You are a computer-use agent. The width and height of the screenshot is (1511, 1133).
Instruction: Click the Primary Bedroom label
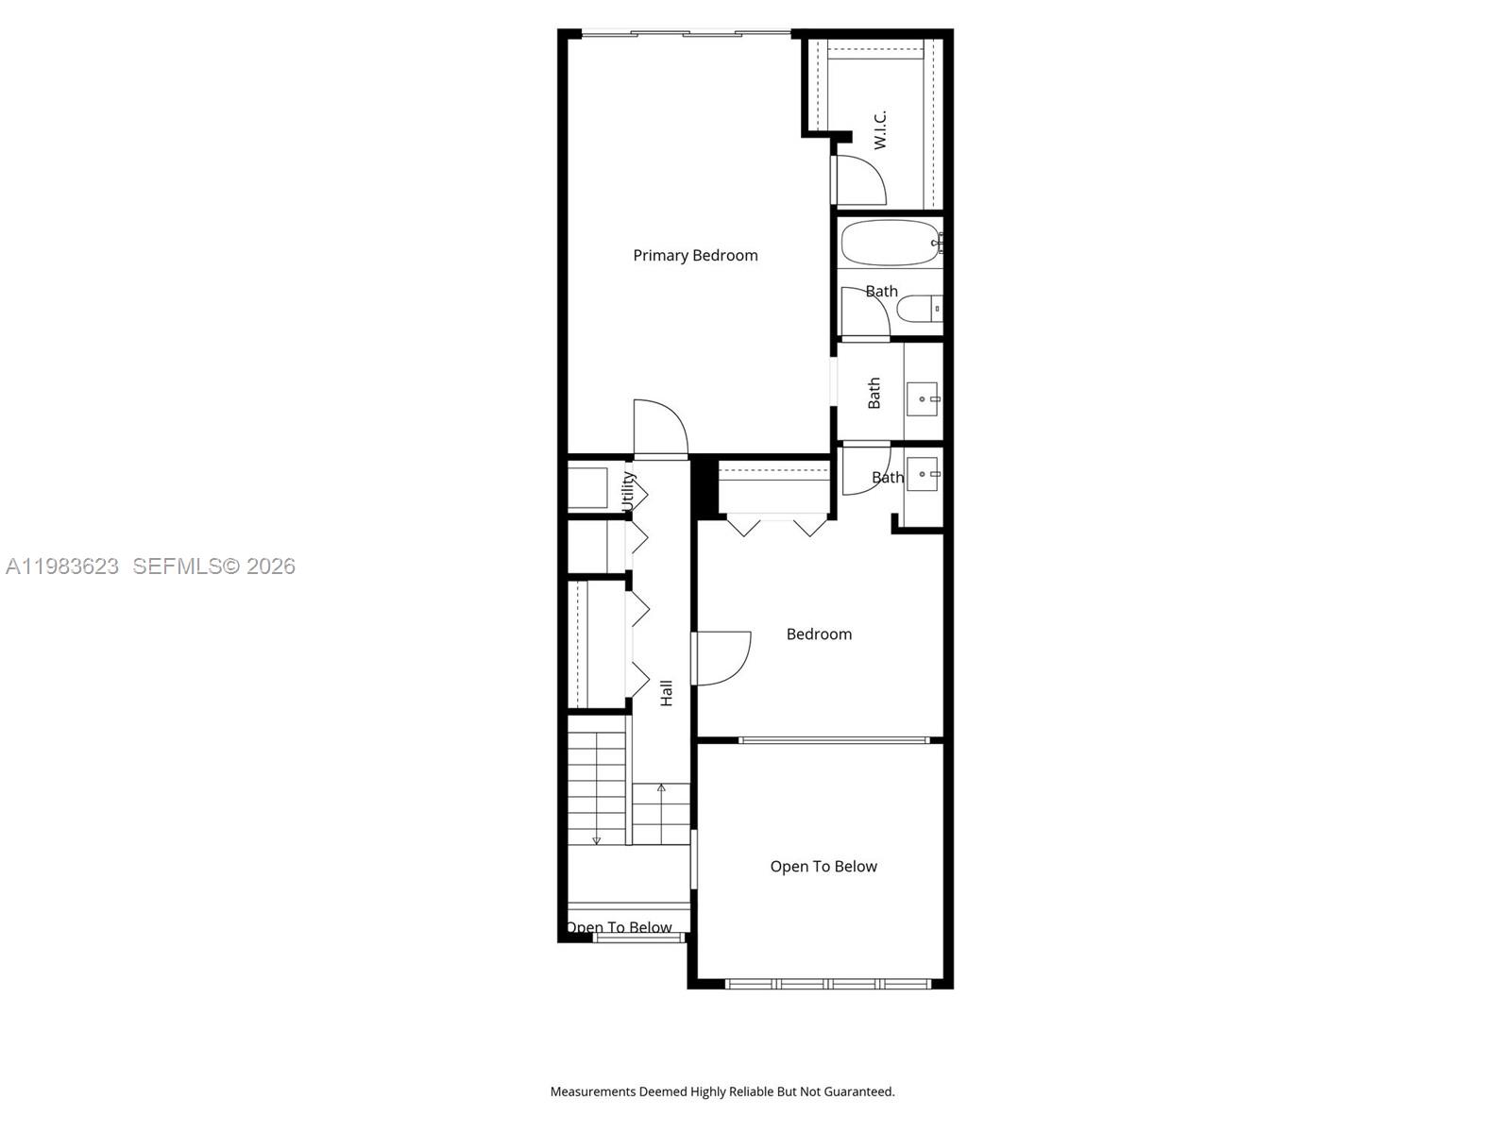(x=695, y=255)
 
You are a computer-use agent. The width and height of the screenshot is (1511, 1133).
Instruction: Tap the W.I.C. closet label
(x=880, y=129)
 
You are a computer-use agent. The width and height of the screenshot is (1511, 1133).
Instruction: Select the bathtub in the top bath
(x=890, y=243)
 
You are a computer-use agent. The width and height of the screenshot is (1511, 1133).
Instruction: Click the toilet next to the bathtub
(x=918, y=309)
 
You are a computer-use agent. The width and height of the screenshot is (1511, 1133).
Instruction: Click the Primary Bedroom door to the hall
(x=660, y=428)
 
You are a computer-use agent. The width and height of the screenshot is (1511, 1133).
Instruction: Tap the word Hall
(x=667, y=692)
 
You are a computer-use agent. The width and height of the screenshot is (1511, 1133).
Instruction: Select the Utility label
(x=629, y=492)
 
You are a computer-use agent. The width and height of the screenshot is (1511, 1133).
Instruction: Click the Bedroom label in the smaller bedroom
(x=819, y=634)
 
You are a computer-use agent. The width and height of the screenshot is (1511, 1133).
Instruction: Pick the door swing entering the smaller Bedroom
(x=722, y=658)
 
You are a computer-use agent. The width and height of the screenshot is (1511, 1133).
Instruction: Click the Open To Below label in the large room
(x=823, y=867)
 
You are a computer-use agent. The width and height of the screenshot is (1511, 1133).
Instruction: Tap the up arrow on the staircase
(x=661, y=787)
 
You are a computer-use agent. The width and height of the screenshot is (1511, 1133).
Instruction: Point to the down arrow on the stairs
(x=596, y=839)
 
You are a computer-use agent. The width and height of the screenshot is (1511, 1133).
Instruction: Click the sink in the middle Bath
(x=923, y=399)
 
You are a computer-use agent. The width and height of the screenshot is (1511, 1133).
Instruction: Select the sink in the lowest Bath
(x=923, y=472)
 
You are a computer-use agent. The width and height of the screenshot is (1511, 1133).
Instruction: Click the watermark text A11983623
(x=62, y=566)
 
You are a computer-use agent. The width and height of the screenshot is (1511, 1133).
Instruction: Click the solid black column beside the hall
(x=704, y=487)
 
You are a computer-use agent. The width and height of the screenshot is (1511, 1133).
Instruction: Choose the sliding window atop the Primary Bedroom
(x=686, y=34)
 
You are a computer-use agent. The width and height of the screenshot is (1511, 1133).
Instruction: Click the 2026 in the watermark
(x=271, y=566)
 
